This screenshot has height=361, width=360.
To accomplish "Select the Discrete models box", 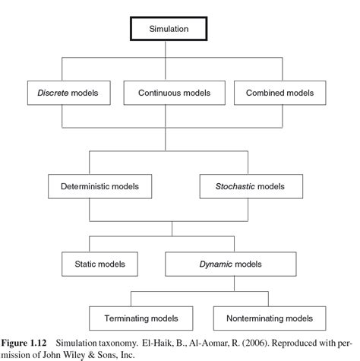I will click(70, 93).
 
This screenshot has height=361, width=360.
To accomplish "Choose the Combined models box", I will click(279, 93).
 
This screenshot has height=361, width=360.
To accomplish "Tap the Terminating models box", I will click(145, 317).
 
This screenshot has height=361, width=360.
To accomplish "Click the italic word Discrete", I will click(52, 93).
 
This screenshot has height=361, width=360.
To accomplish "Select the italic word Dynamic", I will click(216, 264).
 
